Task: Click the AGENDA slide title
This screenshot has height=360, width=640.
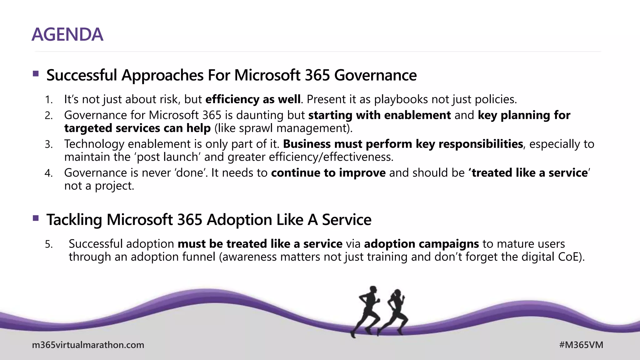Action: pos(67,34)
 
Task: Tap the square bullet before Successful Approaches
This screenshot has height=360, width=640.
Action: pos(36,74)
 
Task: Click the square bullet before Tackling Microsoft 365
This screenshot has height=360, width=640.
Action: pos(36,218)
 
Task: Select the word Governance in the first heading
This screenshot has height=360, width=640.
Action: pos(375,75)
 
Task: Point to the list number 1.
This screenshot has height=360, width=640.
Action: pos(48,100)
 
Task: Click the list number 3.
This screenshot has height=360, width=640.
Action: pos(48,145)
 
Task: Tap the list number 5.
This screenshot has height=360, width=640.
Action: pos(48,244)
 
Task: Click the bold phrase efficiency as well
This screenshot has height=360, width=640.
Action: pos(253,99)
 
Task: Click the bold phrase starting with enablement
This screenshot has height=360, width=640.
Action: pos(379,115)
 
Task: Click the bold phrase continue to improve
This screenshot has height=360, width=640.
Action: pos(328,173)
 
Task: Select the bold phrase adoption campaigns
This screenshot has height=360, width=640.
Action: pos(421,244)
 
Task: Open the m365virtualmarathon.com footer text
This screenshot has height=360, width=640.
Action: pos(88,345)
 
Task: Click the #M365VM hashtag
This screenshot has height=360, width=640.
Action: pos(581,345)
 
